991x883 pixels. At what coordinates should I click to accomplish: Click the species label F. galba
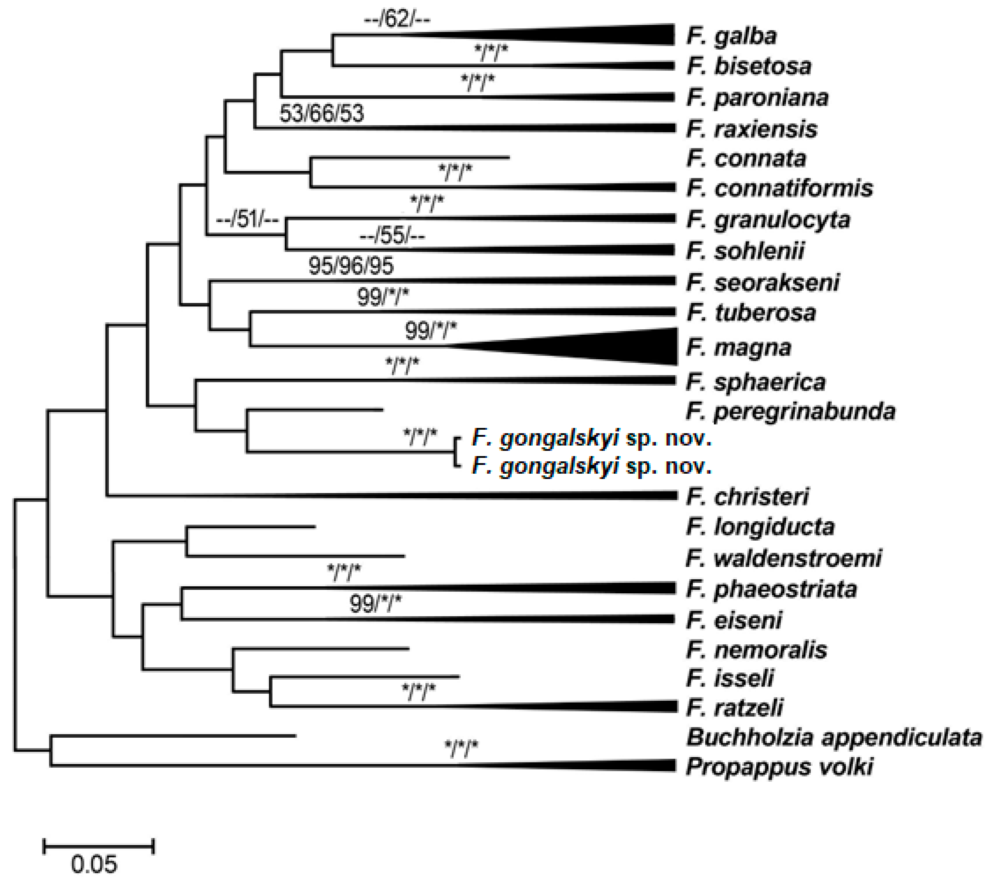tap(731, 36)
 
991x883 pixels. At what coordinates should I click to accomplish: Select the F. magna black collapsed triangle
tap(606, 346)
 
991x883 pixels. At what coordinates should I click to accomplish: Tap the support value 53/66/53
tap(322, 114)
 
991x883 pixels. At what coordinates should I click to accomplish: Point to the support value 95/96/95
tap(351, 266)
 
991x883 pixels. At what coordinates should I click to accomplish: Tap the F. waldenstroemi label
tap(784, 558)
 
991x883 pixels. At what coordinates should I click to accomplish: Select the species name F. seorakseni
tap(763, 282)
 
